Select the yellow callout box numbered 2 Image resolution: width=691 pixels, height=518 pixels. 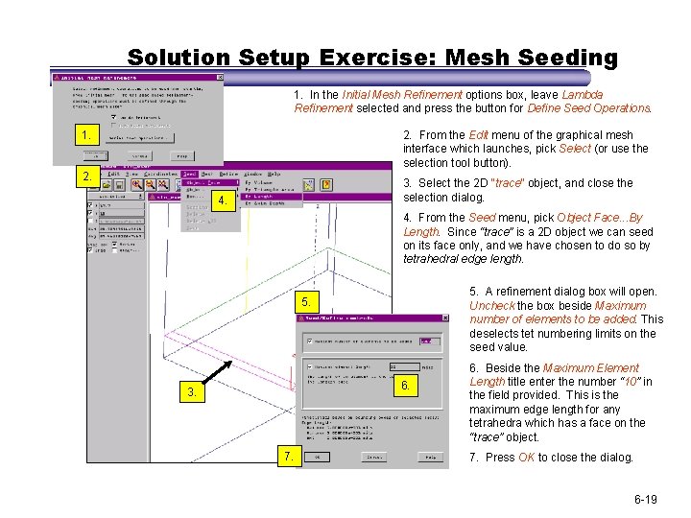[x=87, y=177]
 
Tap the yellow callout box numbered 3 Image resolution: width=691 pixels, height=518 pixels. [x=193, y=392]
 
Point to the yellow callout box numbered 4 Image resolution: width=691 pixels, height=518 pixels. [x=223, y=201]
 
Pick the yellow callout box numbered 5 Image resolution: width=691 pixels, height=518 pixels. [x=305, y=302]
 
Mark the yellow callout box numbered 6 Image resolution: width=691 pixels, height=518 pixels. [x=407, y=386]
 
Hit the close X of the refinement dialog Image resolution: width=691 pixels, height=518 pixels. [x=442, y=319]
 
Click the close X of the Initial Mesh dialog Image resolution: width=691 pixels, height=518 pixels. [x=220, y=77]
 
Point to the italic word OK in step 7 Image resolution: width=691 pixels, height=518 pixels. [x=526, y=458]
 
